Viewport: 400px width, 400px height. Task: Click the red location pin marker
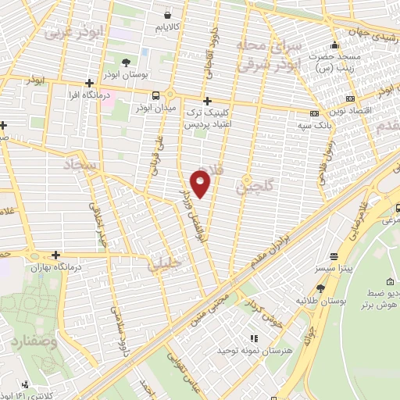click(202, 183)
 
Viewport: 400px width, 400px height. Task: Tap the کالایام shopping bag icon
click(167, 14)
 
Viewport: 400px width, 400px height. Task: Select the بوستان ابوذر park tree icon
click(127, 62)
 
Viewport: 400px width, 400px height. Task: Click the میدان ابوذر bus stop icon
click(155, 95)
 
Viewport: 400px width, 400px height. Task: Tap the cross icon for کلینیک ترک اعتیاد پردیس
click(206, 101)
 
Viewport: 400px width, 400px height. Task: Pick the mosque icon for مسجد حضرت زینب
click(334, 45)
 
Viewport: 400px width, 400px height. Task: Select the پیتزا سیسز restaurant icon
click(334, 255)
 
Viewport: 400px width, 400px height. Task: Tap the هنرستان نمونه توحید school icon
click(252, 338)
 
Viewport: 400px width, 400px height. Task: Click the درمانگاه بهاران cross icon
click(55, 255)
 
